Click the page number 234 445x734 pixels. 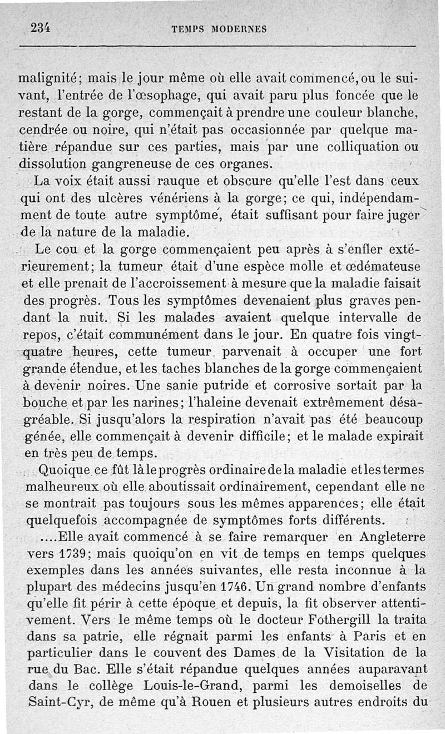41,28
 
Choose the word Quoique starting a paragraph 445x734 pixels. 62,470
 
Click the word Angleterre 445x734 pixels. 393,538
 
